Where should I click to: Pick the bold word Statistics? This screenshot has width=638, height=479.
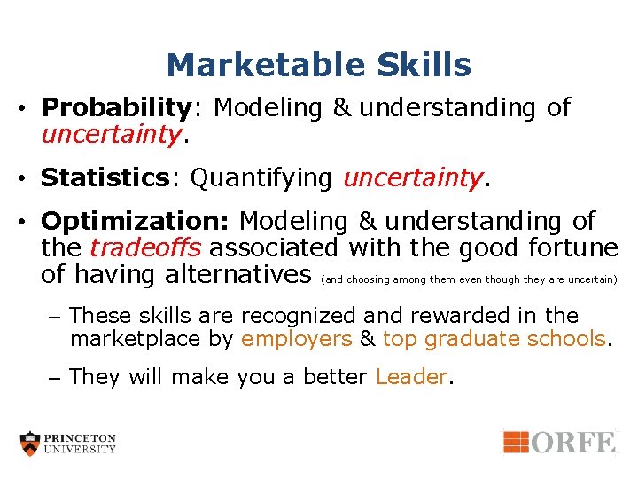[105, 178]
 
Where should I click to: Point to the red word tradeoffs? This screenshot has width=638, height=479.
[147, 247]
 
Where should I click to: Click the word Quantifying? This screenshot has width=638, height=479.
[261, 178]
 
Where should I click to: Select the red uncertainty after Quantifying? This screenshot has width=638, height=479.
[413, 178]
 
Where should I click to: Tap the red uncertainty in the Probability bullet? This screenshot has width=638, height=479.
[113, 135]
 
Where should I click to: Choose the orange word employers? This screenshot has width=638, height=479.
[296, 338]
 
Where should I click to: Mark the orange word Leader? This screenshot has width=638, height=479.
[411, 377]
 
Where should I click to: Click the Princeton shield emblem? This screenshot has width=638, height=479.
[31, 444]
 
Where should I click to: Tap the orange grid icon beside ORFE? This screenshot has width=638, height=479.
[517, 442]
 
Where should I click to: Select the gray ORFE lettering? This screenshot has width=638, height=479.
[573, 442]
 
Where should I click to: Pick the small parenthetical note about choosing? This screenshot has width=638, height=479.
[469, 279]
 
